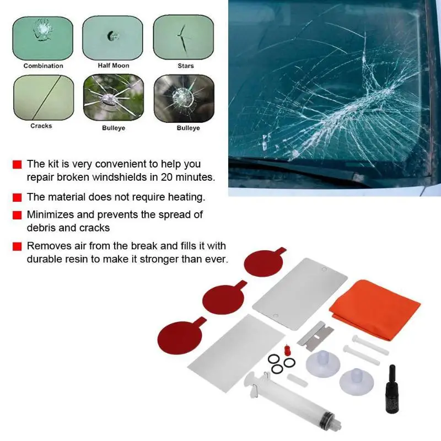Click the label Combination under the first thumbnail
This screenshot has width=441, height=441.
44,66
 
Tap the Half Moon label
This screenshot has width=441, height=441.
114,66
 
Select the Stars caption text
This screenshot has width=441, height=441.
186,66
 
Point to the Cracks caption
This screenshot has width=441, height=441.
41,126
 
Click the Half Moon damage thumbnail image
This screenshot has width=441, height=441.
112,37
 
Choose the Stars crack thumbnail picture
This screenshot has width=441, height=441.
184,37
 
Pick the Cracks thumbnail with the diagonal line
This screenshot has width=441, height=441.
44,98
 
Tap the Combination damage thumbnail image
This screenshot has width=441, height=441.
43,38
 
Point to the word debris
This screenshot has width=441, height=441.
40,228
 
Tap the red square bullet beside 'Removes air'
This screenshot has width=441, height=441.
17,246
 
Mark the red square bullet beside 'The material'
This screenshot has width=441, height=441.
17,197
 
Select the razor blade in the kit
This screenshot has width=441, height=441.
315,336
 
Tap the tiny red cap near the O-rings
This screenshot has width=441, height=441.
287,350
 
